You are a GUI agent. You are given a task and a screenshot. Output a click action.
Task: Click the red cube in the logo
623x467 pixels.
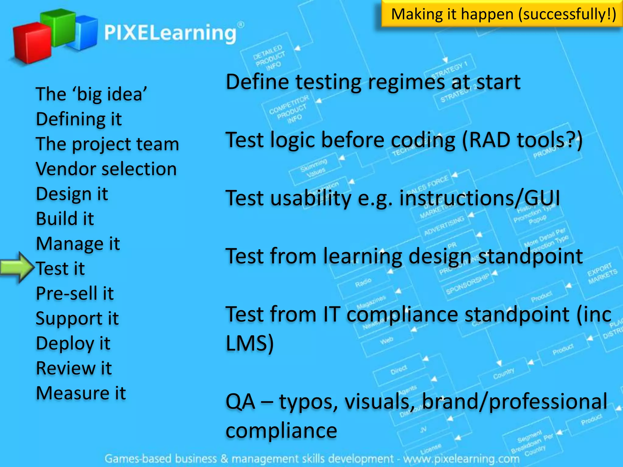tap(32, 43)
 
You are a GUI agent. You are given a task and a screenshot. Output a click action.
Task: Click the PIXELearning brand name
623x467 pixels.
tap(170, 33)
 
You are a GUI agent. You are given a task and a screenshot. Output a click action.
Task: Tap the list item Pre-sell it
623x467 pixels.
tap(75, 293)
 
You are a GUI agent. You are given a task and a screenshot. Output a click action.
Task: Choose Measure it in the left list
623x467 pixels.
tap(81, 393)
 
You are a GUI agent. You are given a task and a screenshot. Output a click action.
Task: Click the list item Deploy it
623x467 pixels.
tap(73, 344)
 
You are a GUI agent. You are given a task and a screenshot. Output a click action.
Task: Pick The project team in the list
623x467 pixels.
tap(107, 144)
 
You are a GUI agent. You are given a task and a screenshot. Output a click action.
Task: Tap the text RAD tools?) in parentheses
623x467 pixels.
tap(522, 140)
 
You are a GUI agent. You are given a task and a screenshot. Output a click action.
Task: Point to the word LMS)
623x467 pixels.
tap(249, 343)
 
